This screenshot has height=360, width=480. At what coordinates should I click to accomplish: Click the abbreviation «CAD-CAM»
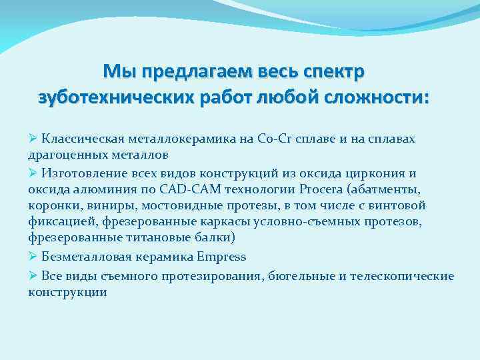tap(180, 189)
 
